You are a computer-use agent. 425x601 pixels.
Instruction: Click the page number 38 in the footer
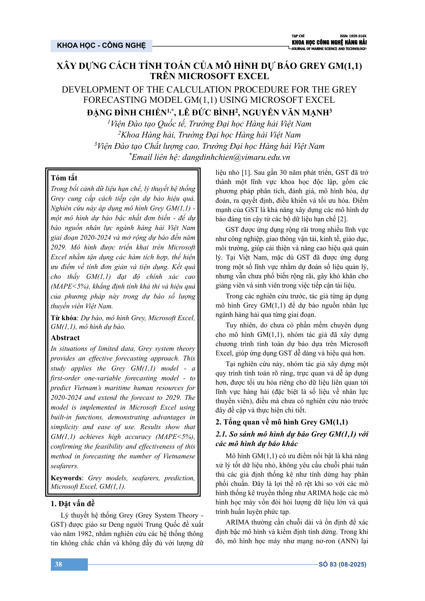[58, 564]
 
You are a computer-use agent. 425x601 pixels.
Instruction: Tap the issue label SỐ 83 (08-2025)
[342, 564]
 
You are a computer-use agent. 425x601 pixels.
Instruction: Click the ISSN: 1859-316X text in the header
[353, 36]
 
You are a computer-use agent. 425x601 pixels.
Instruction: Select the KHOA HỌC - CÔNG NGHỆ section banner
[101, 45]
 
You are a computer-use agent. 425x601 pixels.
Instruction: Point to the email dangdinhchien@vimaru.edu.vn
[236, 157]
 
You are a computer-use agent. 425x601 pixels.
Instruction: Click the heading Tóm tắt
[64, 178]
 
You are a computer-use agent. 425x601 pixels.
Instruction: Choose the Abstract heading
[65, 338]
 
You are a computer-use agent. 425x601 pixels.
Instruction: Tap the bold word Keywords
[66, 478]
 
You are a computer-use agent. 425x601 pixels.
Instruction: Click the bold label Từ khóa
[63, 318]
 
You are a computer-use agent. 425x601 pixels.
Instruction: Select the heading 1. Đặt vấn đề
[72, 504]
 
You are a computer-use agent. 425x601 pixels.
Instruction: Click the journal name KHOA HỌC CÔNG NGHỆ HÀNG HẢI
[329, 42]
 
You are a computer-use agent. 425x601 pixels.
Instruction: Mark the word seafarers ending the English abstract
[64, 466]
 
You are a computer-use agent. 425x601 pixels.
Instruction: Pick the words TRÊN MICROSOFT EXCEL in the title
[209, 76]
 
